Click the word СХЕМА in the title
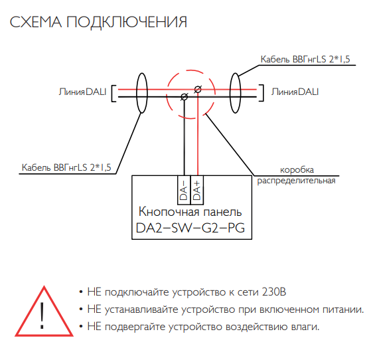coord(36,22)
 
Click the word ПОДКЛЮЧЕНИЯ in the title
coord(127,23)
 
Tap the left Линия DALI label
coord(82,92)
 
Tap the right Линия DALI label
coord(295,92)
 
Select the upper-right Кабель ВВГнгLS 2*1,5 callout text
coord(305,59)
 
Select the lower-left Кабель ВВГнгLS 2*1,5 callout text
coord(66,167)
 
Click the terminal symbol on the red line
coord(198,90)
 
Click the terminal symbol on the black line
coord(184,96)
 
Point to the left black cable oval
coord(137,93)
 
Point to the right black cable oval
coord(230,93)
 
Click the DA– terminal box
coord(184,190)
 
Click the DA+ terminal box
coord(197,190)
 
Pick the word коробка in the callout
coord(297,169)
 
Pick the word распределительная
coord(296,181)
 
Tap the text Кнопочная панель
coord(190,211)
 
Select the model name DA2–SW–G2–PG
coord(190,228)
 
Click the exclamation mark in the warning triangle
coord(42,315)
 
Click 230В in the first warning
coord(274,292)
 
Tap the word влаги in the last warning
coord(307,327)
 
